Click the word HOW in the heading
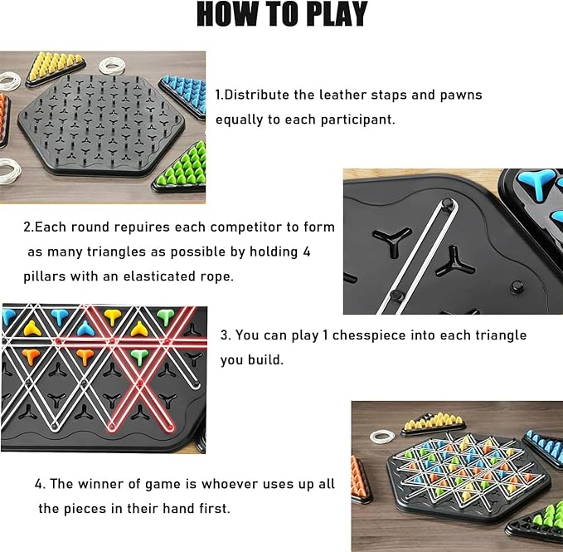(228, 14)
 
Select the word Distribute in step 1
(257, 95)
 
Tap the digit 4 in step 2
(306, 252)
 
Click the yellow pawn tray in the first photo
(56, 68)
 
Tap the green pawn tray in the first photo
(181, 169)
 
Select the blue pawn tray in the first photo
(184, 96)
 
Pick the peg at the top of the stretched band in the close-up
(448, 205)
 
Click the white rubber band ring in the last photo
(382, 437)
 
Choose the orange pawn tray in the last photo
(362, 479)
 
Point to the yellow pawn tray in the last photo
(434, 424)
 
